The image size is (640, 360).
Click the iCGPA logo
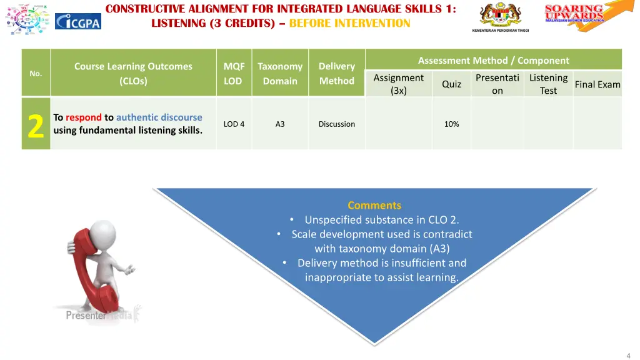[x=77, y=21]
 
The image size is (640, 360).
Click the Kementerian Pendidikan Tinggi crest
[x=500, y=15]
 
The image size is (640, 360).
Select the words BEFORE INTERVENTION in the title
[x=349, y=24]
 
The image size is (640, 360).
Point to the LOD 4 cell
[x=234, y=124]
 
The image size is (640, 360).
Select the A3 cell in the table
[x=280, y=124]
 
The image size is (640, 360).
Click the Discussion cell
[x=336, y=124]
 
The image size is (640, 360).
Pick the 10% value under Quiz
[x=451, y=124]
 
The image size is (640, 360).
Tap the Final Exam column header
[x=597, y=84]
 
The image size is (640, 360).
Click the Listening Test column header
[x=548, y=84]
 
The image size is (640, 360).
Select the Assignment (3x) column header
[x=398, y=84]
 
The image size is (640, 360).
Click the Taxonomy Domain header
[x=280, y=74]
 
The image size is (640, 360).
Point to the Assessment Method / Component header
[x=493, y=61]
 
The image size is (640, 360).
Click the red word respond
[x=83, y=117]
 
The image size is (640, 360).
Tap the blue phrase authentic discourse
[x=159, y=117]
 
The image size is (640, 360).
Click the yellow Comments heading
[x=374, y=206]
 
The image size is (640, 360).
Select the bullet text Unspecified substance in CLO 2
[x=381, y=220]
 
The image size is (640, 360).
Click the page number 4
[x=628, y=355]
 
